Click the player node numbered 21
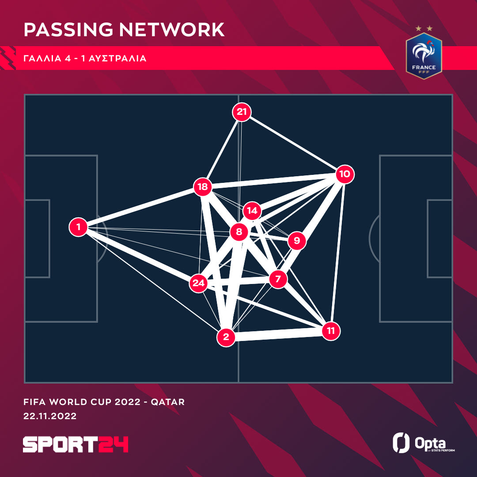pos(242,112)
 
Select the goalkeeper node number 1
pos(79,227)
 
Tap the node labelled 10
pos(344,174)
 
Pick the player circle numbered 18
pos(203,187)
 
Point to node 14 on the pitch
pos(252,211)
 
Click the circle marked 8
pos(239,232)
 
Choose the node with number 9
pos(297,241)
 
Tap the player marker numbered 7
pos(278,279)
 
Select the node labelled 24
pos(198,283)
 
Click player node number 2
pos(226,337)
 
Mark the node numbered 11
pos(331,331)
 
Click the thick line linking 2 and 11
pos(278,334)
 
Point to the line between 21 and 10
pos(293,143)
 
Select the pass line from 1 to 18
pos(140,207)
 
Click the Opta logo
pos(424,443)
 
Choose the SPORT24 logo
pos(76,444)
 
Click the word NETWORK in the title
pos(172,30)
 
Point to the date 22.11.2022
pos(50,416)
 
